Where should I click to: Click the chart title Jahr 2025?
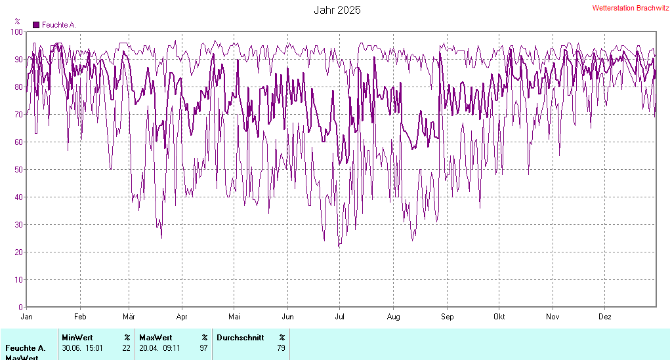click(337, 10)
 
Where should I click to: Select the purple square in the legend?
click(36, 25)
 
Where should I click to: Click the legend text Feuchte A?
click(59, 25)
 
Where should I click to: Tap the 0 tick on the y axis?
click(21, 307)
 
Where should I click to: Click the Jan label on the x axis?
click(27, 317)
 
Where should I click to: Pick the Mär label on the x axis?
click(129, 317)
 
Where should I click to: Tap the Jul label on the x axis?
click(339, 317)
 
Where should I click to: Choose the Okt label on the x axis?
click(499, 317)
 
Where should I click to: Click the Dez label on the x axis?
click(605, 317)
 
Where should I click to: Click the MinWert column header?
click(77, 338)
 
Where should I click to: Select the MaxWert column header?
click(155, 338)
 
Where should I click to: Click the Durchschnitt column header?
click(240, 338)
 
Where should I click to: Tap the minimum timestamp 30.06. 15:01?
click(81, 348)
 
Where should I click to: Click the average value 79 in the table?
click(281, 348)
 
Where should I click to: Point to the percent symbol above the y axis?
click(17, 22)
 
